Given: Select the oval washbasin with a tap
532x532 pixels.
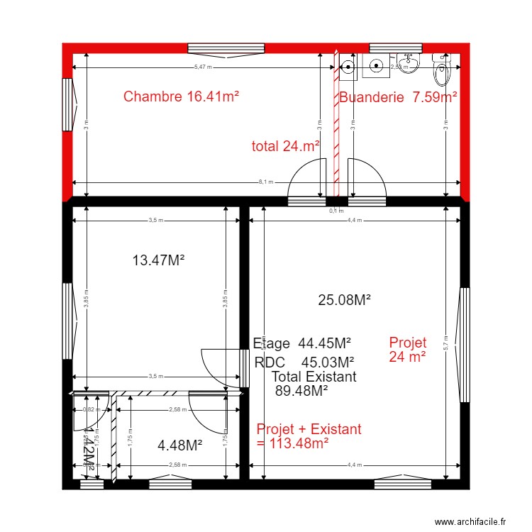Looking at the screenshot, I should [x=408, y=65].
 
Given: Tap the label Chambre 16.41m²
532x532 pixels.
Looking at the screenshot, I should [x=180, y=96].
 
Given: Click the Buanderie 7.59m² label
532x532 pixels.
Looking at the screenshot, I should [x=397, y=97].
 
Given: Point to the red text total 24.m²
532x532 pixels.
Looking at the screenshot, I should [x=285, y=146].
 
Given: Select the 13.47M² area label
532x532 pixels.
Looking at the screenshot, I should [x=158, y=260].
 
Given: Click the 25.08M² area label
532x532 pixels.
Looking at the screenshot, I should [x=345, y=300].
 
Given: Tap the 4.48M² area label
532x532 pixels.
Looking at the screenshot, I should [x=179, y=445].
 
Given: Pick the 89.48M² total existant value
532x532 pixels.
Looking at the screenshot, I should [x=301, y=389].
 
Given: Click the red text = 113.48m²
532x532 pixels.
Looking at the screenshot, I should [x=292, y=443].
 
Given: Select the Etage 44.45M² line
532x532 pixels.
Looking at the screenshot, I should [x=303, y=343].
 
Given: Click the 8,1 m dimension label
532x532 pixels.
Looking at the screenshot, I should [x=265, y=182].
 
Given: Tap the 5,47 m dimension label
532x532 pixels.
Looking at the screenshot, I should [x=203, y=67].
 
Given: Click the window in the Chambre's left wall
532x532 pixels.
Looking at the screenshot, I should [x=68, y=104].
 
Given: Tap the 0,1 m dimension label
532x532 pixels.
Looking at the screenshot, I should [x=336, y=211].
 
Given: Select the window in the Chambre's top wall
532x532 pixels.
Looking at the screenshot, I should [x=216, y=48].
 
